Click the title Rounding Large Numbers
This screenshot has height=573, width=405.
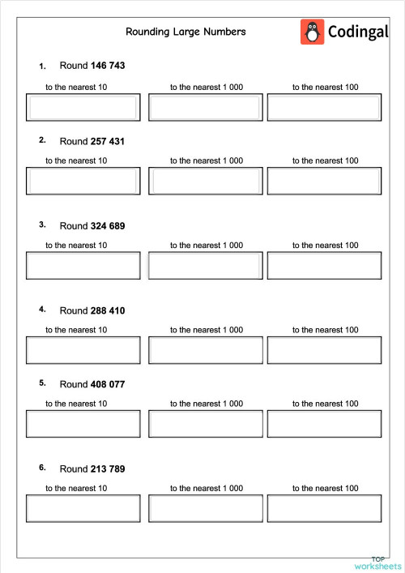coord(185,32)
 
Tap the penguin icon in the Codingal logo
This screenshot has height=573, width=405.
coord(312,32)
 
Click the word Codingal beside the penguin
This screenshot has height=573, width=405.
coord(359,32)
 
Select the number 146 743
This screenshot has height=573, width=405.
coord(109,65)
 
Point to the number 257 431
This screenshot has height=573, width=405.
coord(109,141)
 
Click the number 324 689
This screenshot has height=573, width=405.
coord(109,225)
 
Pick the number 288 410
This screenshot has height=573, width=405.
coord(109,310)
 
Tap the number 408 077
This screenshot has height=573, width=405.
coord(109,384)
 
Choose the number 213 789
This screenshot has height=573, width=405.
coord(109,468)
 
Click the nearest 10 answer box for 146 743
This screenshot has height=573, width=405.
coord(83,108)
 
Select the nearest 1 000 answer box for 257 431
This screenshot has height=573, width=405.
coord(206,182)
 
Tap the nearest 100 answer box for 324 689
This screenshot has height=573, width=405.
coord(324,266)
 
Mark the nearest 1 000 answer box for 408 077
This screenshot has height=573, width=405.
coord(206,424)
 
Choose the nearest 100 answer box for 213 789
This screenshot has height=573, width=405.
coord(324,508)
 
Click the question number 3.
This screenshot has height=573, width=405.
coord(42,224)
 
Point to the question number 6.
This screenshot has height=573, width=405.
coord(42,468)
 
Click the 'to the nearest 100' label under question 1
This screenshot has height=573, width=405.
coord(325,87)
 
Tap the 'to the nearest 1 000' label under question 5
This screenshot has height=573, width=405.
coord(206,403)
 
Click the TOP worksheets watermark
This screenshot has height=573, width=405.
coord(377,562)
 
